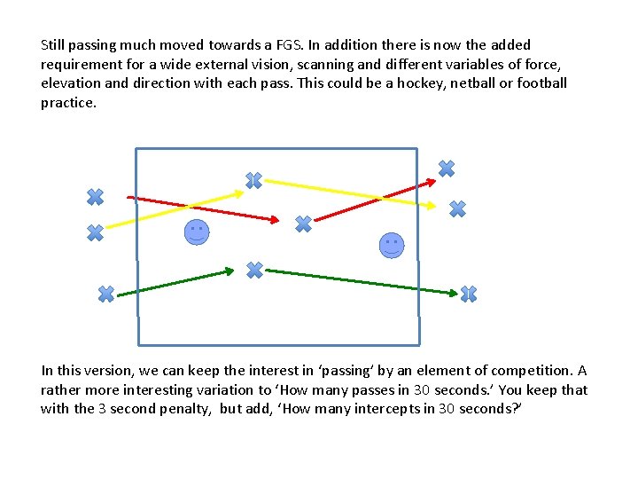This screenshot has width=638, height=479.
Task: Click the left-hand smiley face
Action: coord(197,232)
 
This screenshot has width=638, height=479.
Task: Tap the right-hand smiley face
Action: coord(392,245)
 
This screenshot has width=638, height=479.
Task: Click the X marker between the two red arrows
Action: coord(303,224)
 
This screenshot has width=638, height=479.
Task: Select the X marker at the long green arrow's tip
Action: coord(469,294)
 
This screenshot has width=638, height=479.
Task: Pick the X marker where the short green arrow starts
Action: coord(105,294)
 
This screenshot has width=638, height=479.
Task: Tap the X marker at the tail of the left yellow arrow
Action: coord(95,232)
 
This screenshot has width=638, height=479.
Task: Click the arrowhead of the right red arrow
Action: coord(432,183)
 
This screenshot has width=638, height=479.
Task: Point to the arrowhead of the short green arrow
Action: coord(230,270)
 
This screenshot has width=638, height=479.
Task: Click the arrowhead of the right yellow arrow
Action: coord(432,207)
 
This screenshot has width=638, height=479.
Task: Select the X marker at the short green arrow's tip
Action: coord(254,270)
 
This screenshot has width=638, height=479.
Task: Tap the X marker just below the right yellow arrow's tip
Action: coord(457,209)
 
